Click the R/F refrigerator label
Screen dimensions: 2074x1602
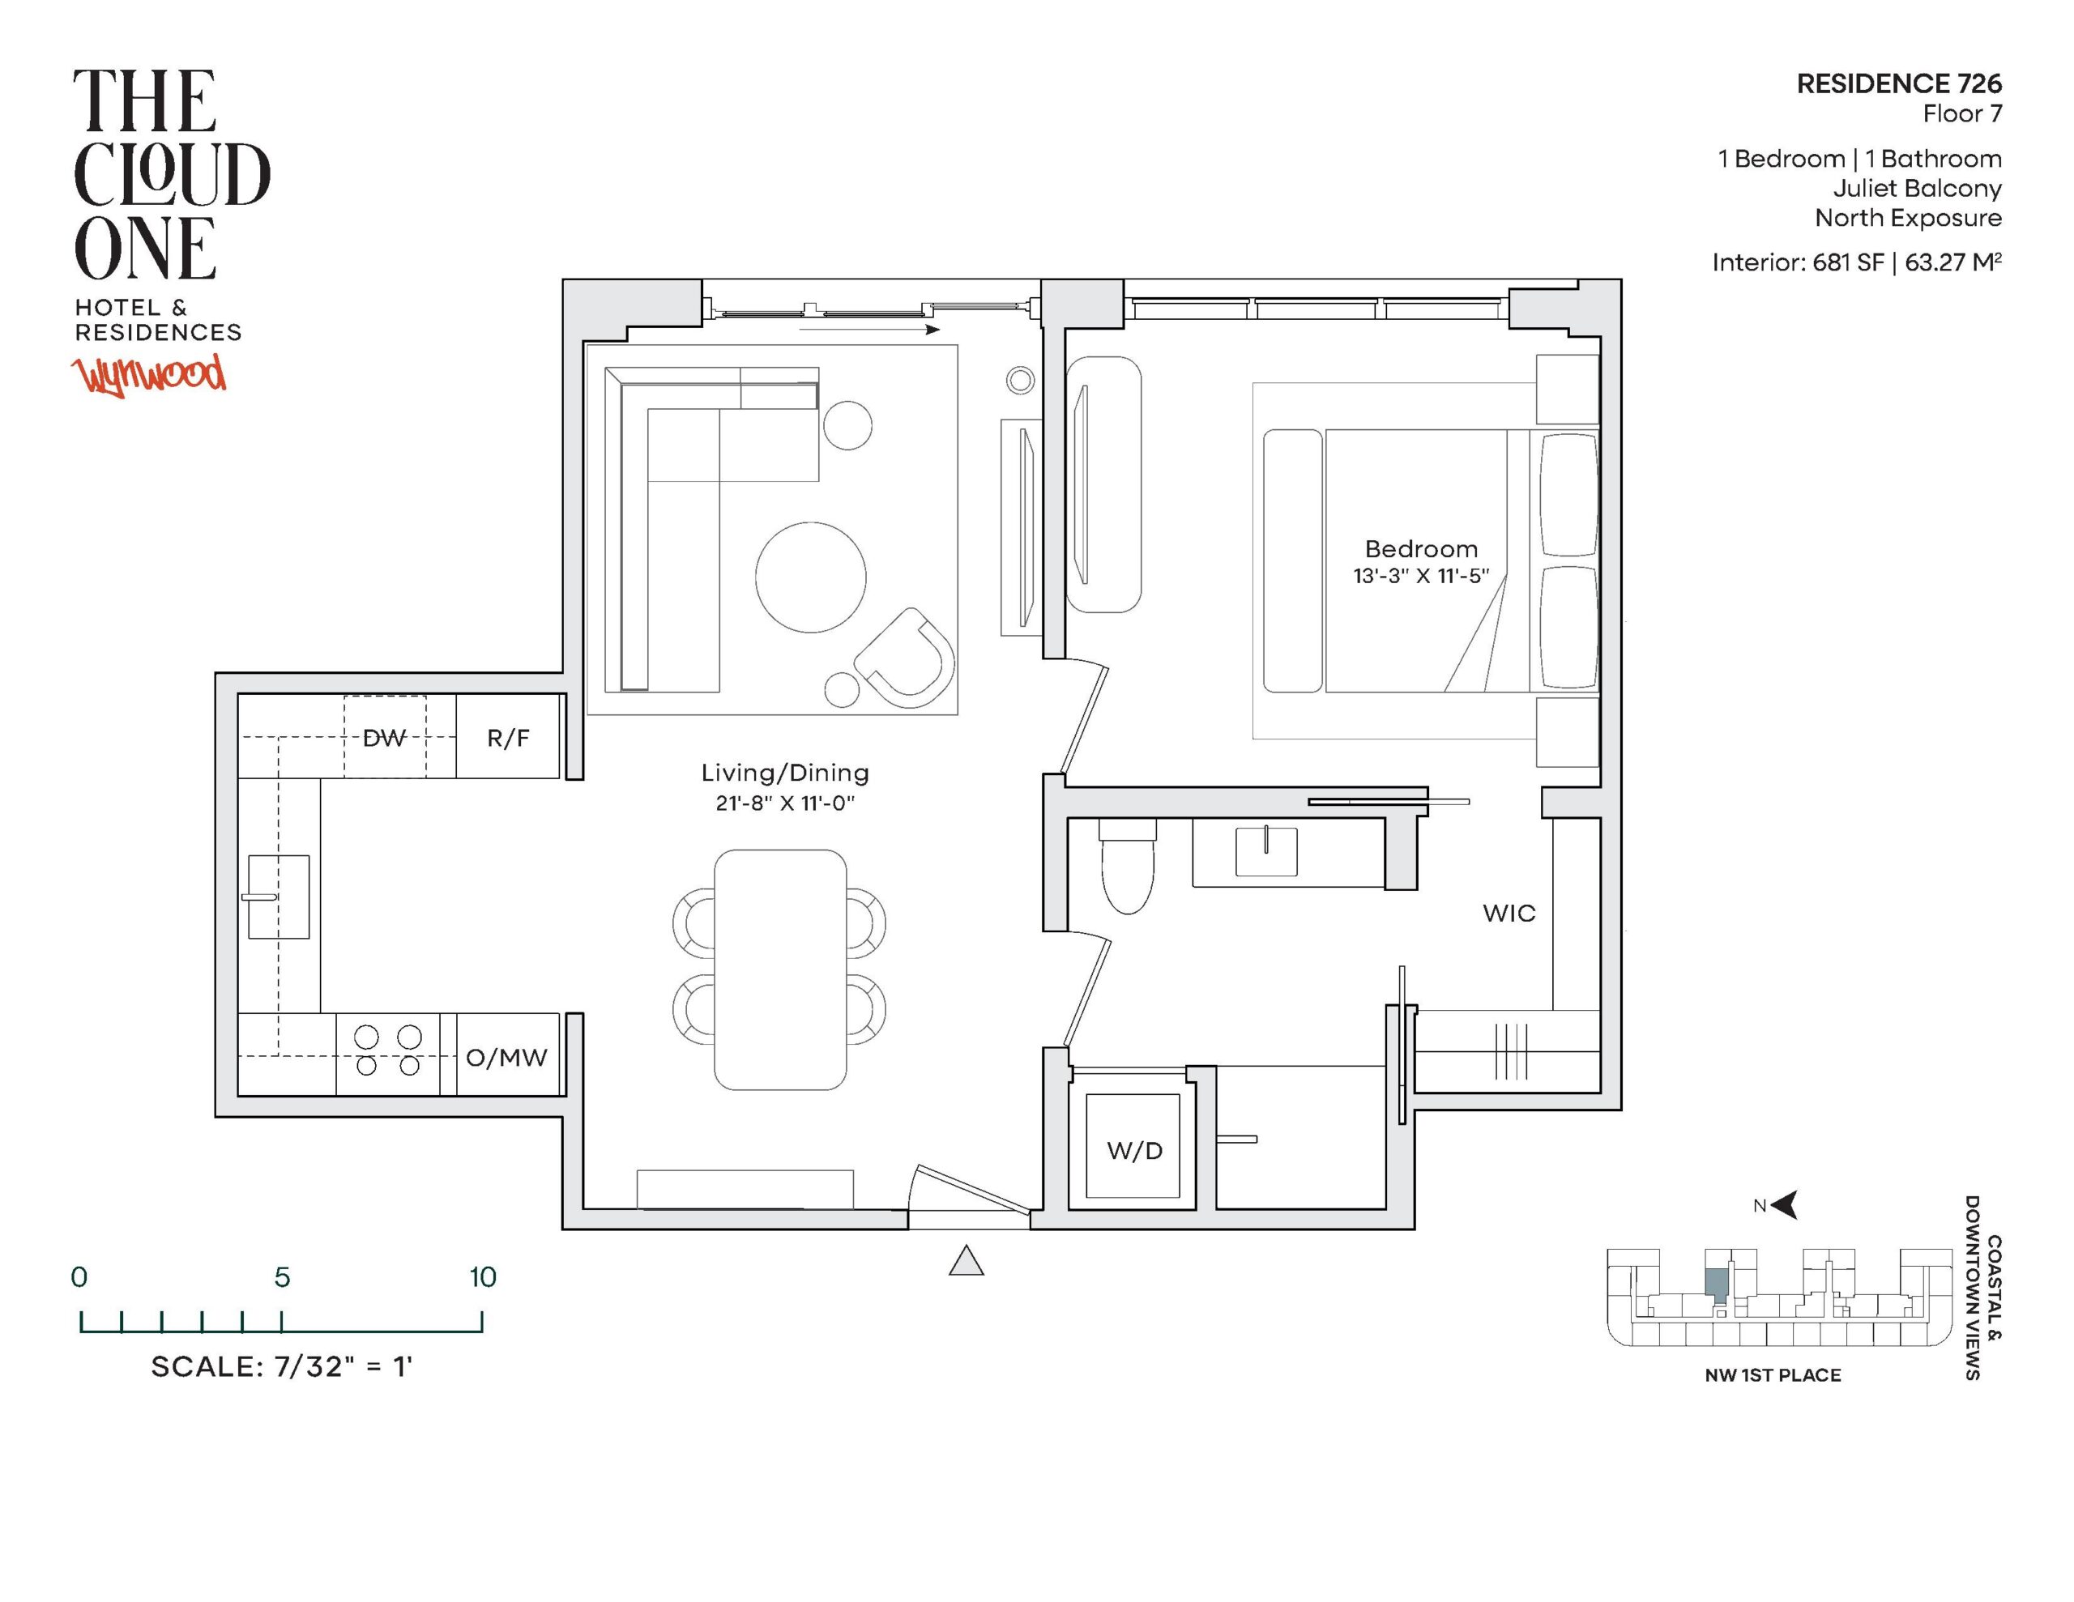(508, 738)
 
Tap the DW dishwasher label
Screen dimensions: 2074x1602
(385, 738)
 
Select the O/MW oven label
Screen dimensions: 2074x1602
(507, 1057)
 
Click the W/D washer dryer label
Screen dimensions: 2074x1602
(1135, 1151)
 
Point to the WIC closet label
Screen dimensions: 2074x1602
(1509, 914)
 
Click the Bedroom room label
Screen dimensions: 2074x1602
(1422, 549)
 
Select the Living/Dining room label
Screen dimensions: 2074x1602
(785, 773)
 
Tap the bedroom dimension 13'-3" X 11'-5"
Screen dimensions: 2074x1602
(1422, 576)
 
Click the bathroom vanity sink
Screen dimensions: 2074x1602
(1265, 851)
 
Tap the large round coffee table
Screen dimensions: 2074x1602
(811, 577)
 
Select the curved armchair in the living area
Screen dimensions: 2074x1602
(904, 658)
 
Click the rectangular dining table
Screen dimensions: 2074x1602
(779, 969)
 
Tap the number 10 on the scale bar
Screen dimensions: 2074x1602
(482, 1277)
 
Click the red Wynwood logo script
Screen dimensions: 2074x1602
(151, 375)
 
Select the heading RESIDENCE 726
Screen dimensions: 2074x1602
(1899, 83)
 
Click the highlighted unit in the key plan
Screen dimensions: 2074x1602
(1716, 1283)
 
